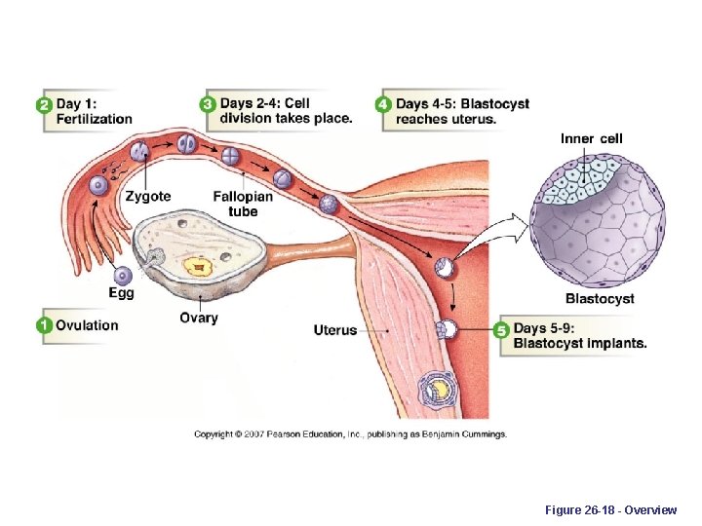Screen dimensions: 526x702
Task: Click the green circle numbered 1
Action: point(45,325)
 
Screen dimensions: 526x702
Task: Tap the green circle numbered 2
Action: point(45,105)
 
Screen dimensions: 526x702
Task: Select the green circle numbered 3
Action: point(208,104)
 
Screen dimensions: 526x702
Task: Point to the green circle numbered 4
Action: point(384,104)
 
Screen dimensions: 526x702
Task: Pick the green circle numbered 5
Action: point(502,330)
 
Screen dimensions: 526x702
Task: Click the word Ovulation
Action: point(87,325)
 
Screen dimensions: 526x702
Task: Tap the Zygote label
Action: point(148,197)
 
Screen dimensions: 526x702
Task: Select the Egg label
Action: point(122,292)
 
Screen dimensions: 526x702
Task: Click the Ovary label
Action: point(199,318)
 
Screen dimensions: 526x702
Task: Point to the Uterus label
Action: point(335,330)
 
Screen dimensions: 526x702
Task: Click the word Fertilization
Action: point(95,119)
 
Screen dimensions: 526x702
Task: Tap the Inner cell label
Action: point(592,139)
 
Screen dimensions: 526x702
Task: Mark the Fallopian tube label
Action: point(243,204)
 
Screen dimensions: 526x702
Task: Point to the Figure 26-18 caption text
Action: point(625,508)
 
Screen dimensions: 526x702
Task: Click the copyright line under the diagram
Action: point(350,433)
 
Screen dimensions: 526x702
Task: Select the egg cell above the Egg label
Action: point(124,275)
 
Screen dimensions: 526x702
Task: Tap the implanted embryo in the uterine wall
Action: point(436,390)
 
